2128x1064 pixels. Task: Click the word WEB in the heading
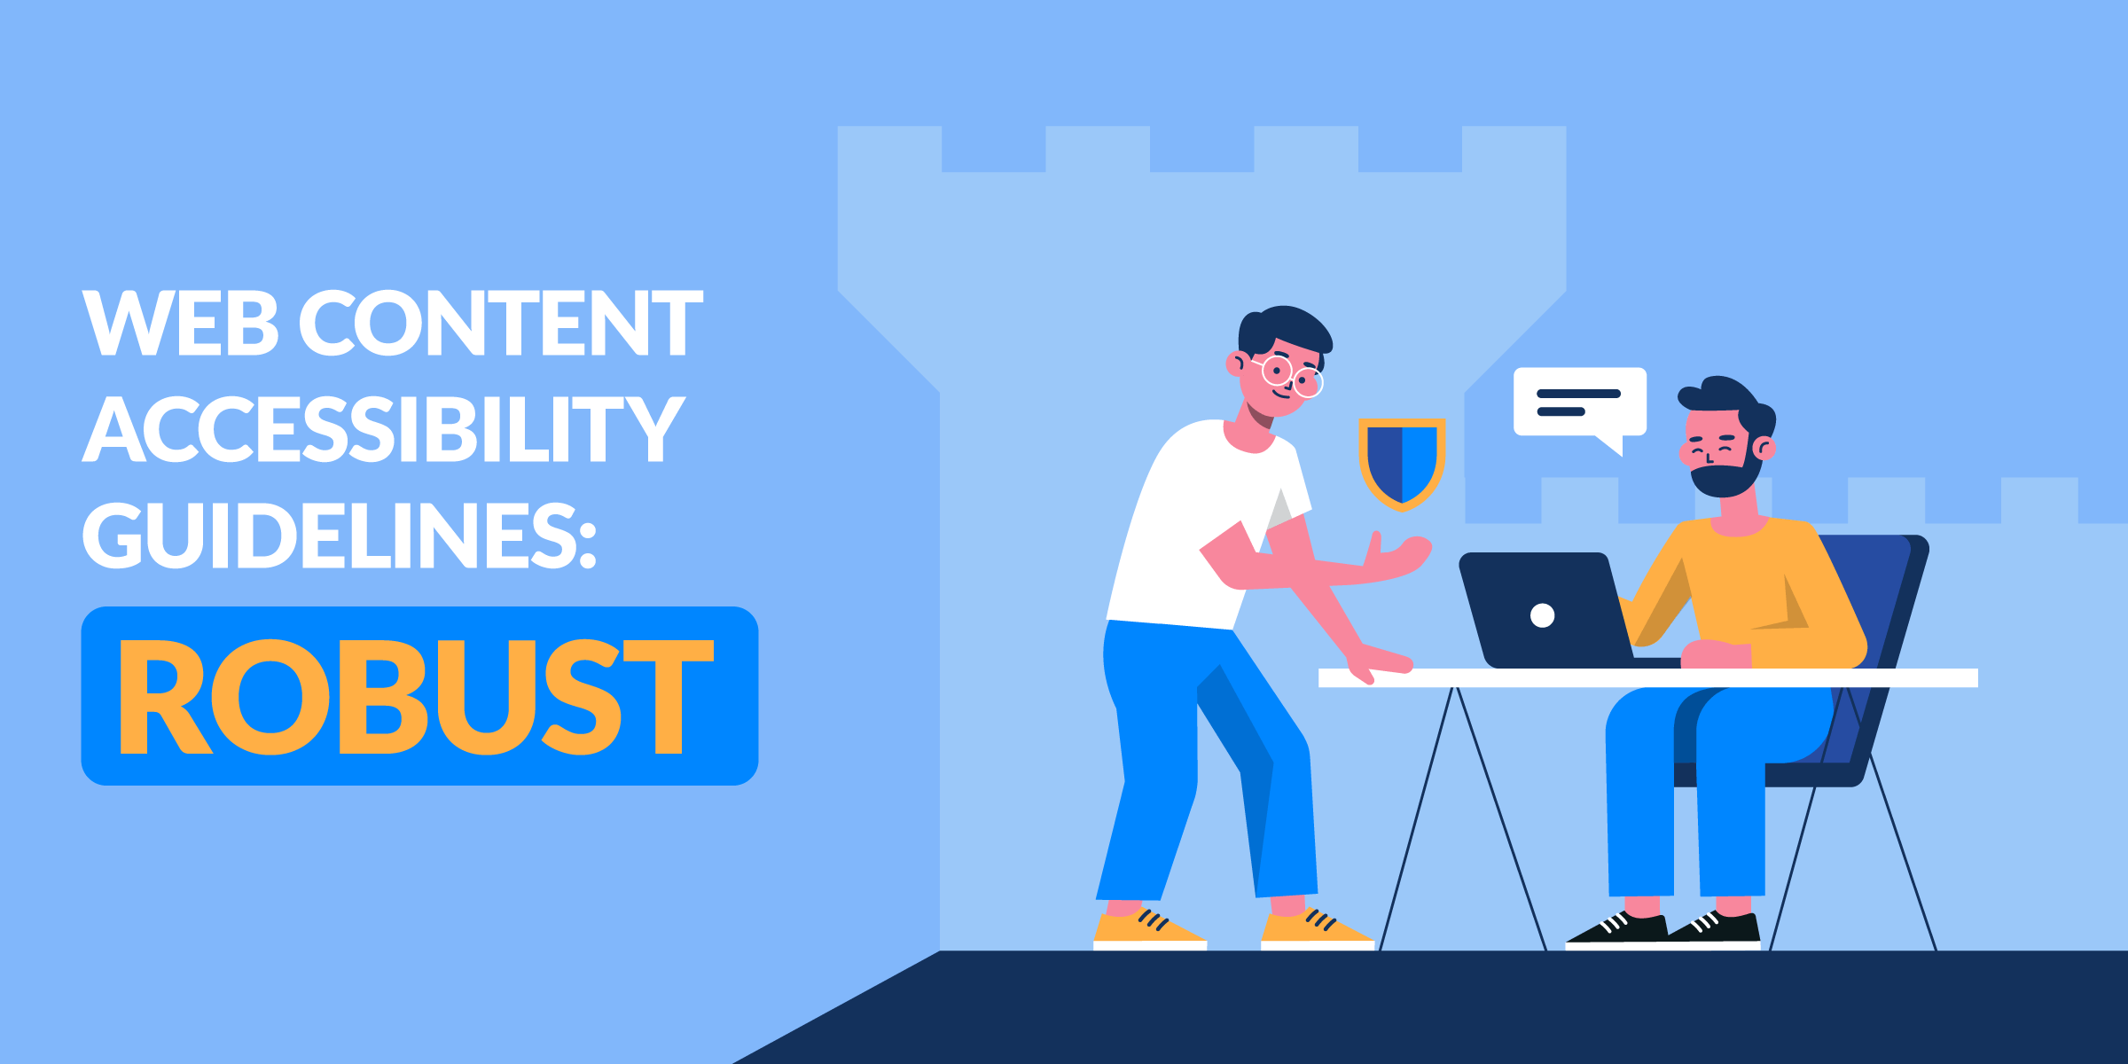[181, 323]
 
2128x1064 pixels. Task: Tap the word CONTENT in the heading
[501, 323]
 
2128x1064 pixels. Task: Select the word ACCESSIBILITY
[384, 429]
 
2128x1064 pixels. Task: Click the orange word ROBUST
[417, 697]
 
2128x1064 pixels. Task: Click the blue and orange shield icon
[1402, 464]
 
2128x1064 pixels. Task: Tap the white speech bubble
[1580, 405]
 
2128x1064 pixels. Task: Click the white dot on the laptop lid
[1543, 615]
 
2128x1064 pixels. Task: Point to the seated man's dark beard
[1725, 474]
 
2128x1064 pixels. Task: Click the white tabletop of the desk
[1648, 678]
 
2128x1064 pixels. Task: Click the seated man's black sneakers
[1663, 929]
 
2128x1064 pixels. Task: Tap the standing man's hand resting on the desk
[1379, 664]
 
